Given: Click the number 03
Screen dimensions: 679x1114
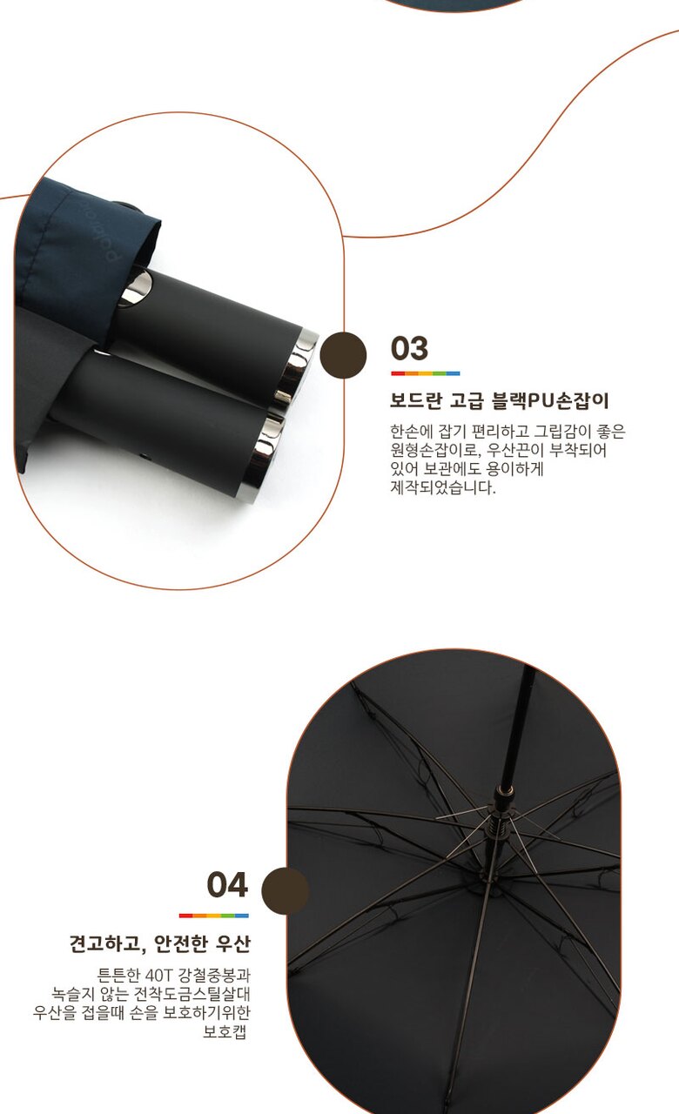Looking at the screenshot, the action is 409,348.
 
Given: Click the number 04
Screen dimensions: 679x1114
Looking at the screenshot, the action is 227,885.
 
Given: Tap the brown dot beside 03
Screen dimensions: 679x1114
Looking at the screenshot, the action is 343,355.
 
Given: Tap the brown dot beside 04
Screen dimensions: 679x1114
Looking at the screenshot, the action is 285,890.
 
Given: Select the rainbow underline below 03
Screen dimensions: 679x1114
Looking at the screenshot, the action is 426,373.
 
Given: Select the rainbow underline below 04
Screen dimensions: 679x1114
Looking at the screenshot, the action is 214,915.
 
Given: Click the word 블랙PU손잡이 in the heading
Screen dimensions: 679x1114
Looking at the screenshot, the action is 550,400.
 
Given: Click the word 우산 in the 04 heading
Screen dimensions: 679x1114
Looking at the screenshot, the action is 232,943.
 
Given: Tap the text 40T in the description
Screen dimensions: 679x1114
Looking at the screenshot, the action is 158,975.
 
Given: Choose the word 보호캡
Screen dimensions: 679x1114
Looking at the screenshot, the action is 225,1031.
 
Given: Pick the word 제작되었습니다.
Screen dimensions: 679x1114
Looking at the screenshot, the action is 443,487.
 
